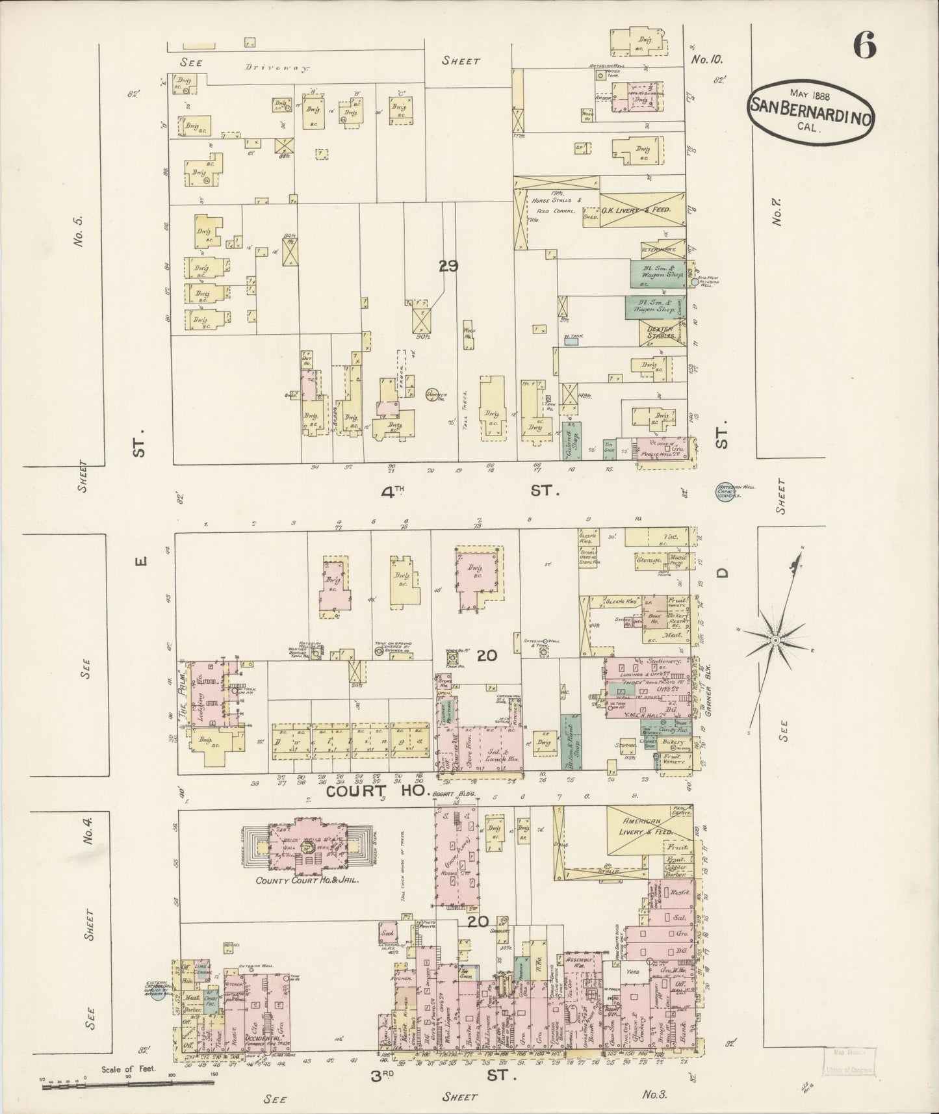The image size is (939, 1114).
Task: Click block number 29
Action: [x=448, y=266]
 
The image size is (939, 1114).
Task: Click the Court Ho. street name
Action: [x=376, y=792]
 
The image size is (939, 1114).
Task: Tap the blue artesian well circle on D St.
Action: [x=726, y=492]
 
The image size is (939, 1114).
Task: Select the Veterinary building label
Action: [x=659, y=248]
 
